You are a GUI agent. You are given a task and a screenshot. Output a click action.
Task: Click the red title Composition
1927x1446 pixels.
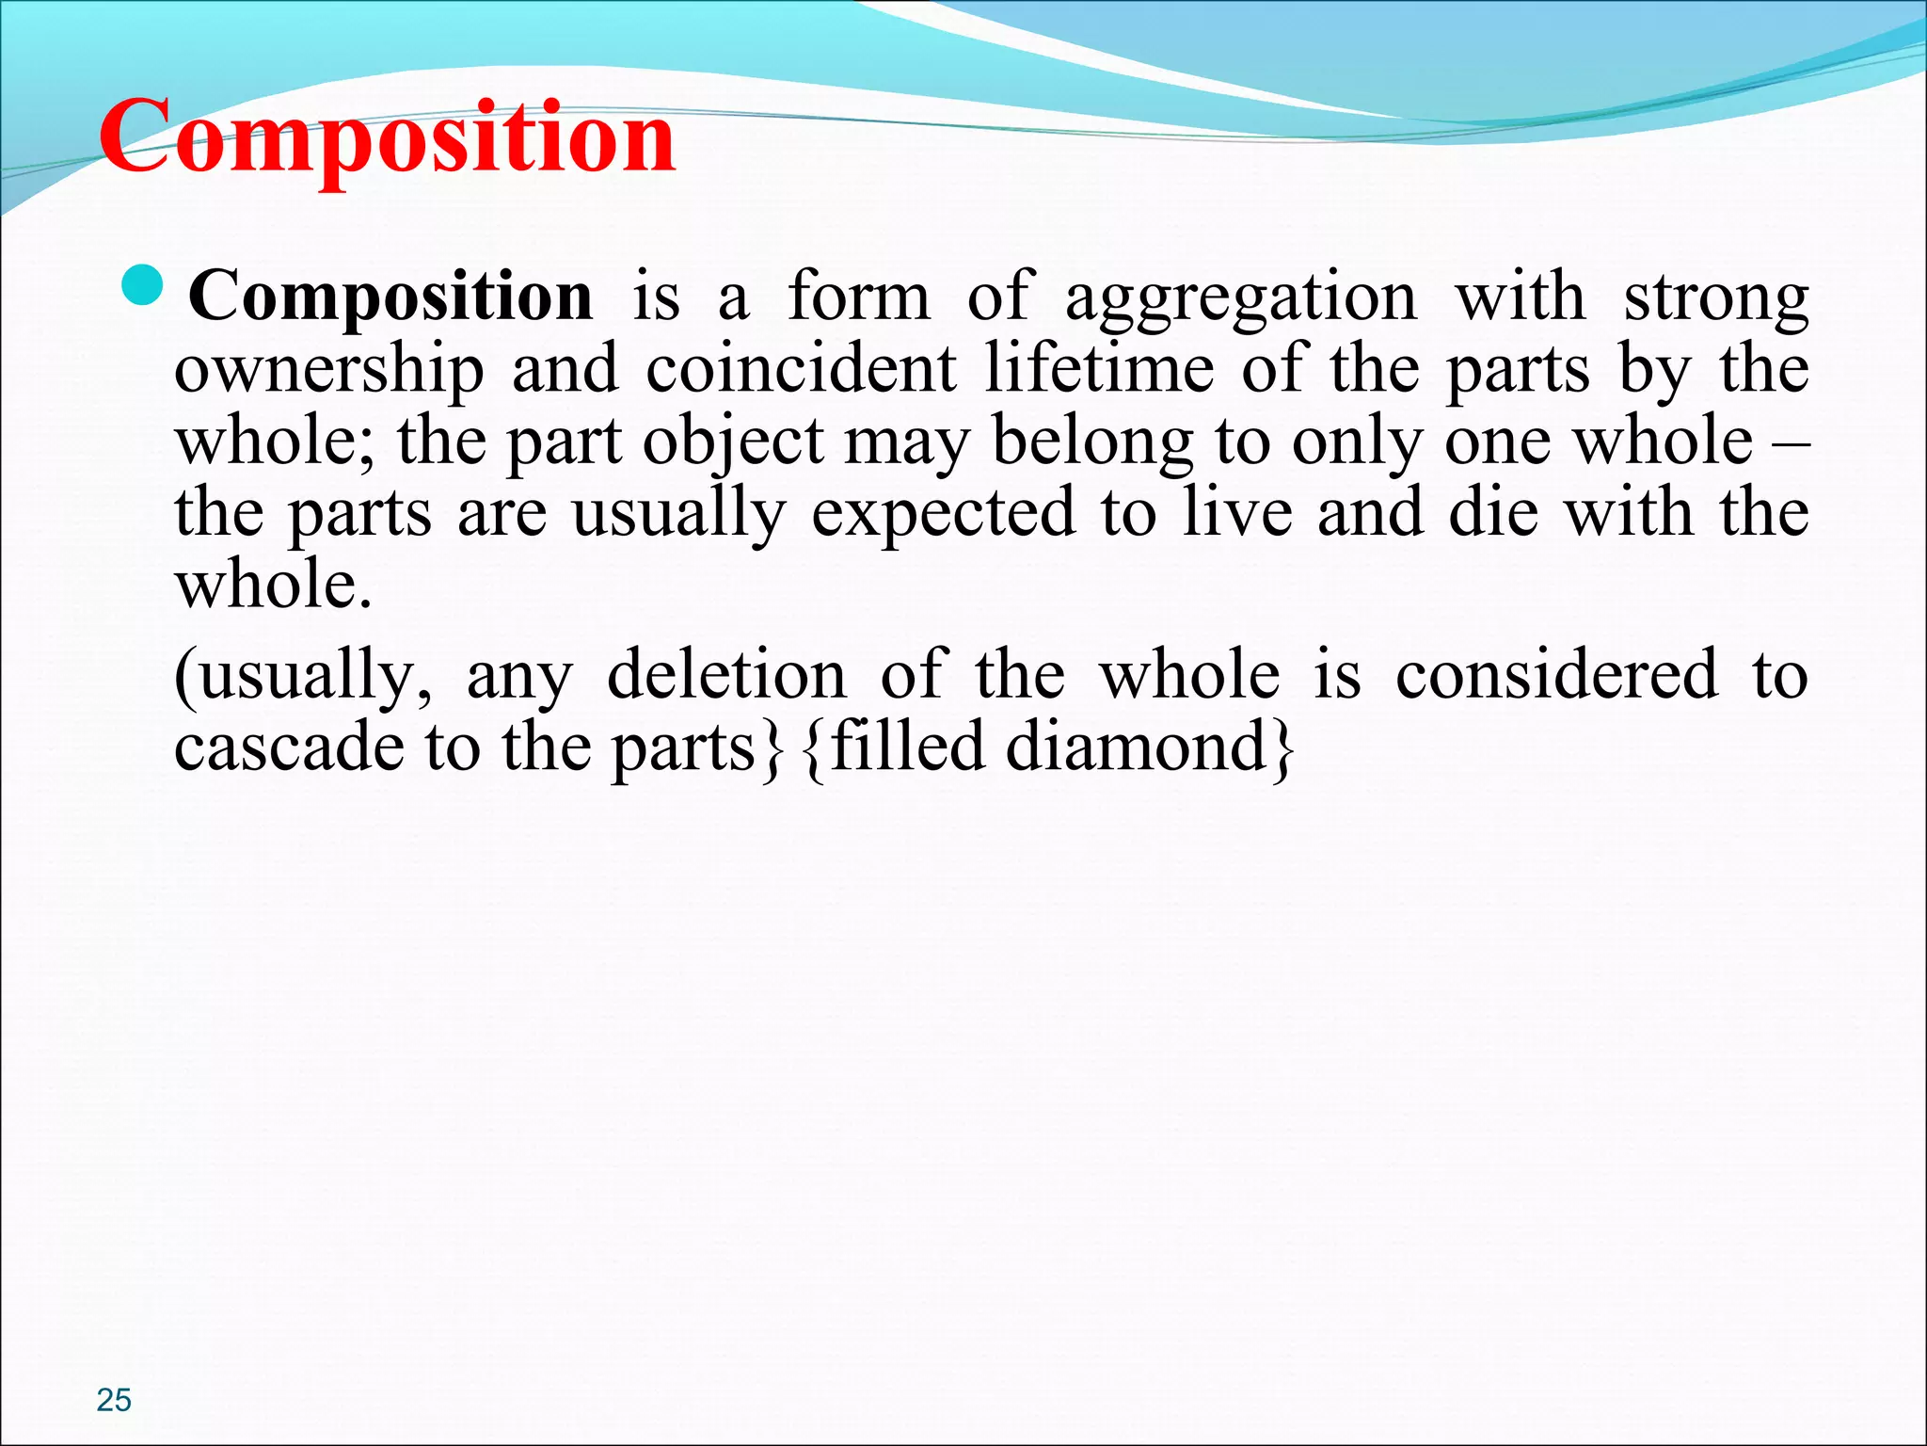[387, 138]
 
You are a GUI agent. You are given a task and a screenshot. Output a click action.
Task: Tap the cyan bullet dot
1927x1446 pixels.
[145, 287]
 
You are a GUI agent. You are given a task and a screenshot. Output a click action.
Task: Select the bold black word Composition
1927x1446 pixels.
[390, 297]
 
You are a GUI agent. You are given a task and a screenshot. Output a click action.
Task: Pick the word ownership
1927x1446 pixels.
[329, 371]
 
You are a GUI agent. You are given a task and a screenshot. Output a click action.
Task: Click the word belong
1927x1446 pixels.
[1091, 442]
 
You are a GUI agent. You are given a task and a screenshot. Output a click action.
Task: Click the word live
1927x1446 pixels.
[1236, 513]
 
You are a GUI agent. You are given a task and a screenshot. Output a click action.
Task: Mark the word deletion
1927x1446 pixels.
[726, 676]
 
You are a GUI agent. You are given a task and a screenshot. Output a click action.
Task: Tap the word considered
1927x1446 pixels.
[1556, 676]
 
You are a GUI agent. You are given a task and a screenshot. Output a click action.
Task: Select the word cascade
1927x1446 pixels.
[289, 748]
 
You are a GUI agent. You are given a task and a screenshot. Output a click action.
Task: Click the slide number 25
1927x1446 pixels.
[114, 1400]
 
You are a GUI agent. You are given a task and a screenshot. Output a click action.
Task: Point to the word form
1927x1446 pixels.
[858, 297]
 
